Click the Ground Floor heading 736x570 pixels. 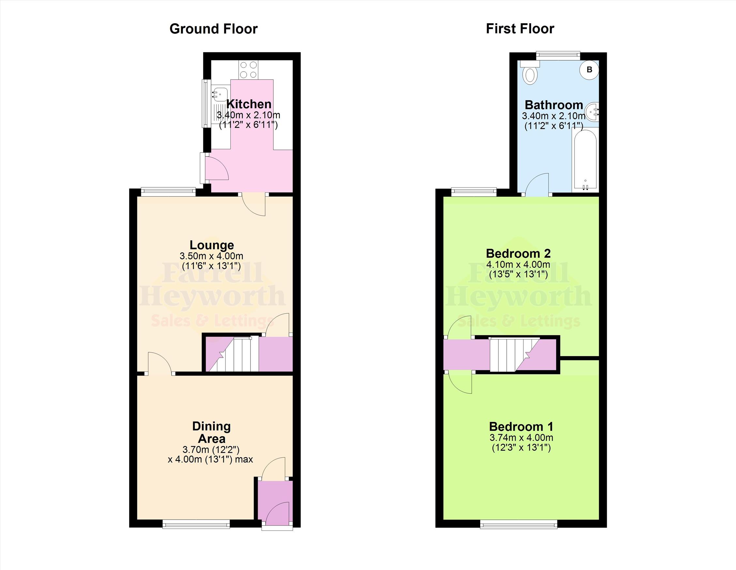(x=213, y=29)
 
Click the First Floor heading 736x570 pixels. (x=520, y=29)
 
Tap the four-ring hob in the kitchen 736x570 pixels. (x=248, y=70)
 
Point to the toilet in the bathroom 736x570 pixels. (x=530, y=72)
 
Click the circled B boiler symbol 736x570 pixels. (x=590, y=70)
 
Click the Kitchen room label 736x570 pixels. (x=249, y=104)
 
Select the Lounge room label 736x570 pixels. (x=212, y=245)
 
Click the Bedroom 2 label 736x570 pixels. (x=518, y=253)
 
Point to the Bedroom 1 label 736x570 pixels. (x=521, y=427)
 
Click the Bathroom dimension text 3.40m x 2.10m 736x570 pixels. (x=554, y=116)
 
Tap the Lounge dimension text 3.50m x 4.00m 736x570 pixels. (x=212, y=256)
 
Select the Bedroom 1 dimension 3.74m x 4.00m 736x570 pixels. (x=521, y=438)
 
